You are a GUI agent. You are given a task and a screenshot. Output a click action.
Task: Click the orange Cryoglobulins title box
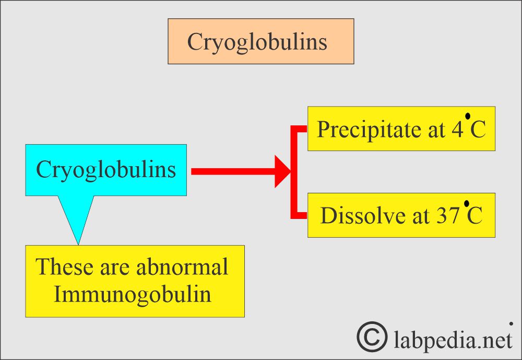click(x=260, y=41)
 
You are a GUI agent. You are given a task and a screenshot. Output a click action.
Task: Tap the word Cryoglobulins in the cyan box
click(x=106, y=170)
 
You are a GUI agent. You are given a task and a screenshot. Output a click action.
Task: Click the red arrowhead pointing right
click(x=282, y=171)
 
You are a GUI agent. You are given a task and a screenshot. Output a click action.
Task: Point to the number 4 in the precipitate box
click(x=457, y=130)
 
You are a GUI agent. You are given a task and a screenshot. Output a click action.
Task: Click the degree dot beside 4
click(x=468, y=116)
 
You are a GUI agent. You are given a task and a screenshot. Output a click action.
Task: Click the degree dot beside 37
click(x=467, y=203)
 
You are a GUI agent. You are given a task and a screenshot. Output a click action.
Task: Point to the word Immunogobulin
click(x=133, y=295)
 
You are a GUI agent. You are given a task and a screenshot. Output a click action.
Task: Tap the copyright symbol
click(x=372, y=336)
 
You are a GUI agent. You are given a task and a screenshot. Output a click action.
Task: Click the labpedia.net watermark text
click(x=453, y=340)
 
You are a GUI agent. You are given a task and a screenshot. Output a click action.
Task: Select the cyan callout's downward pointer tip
click(x=78, y=245)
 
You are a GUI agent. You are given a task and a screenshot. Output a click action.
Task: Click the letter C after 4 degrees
click(x=478, y=130)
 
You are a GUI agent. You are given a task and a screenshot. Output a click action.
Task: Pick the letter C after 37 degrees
click(x=474, y=215)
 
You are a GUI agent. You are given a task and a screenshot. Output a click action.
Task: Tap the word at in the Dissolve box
click(x=421, y=216)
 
